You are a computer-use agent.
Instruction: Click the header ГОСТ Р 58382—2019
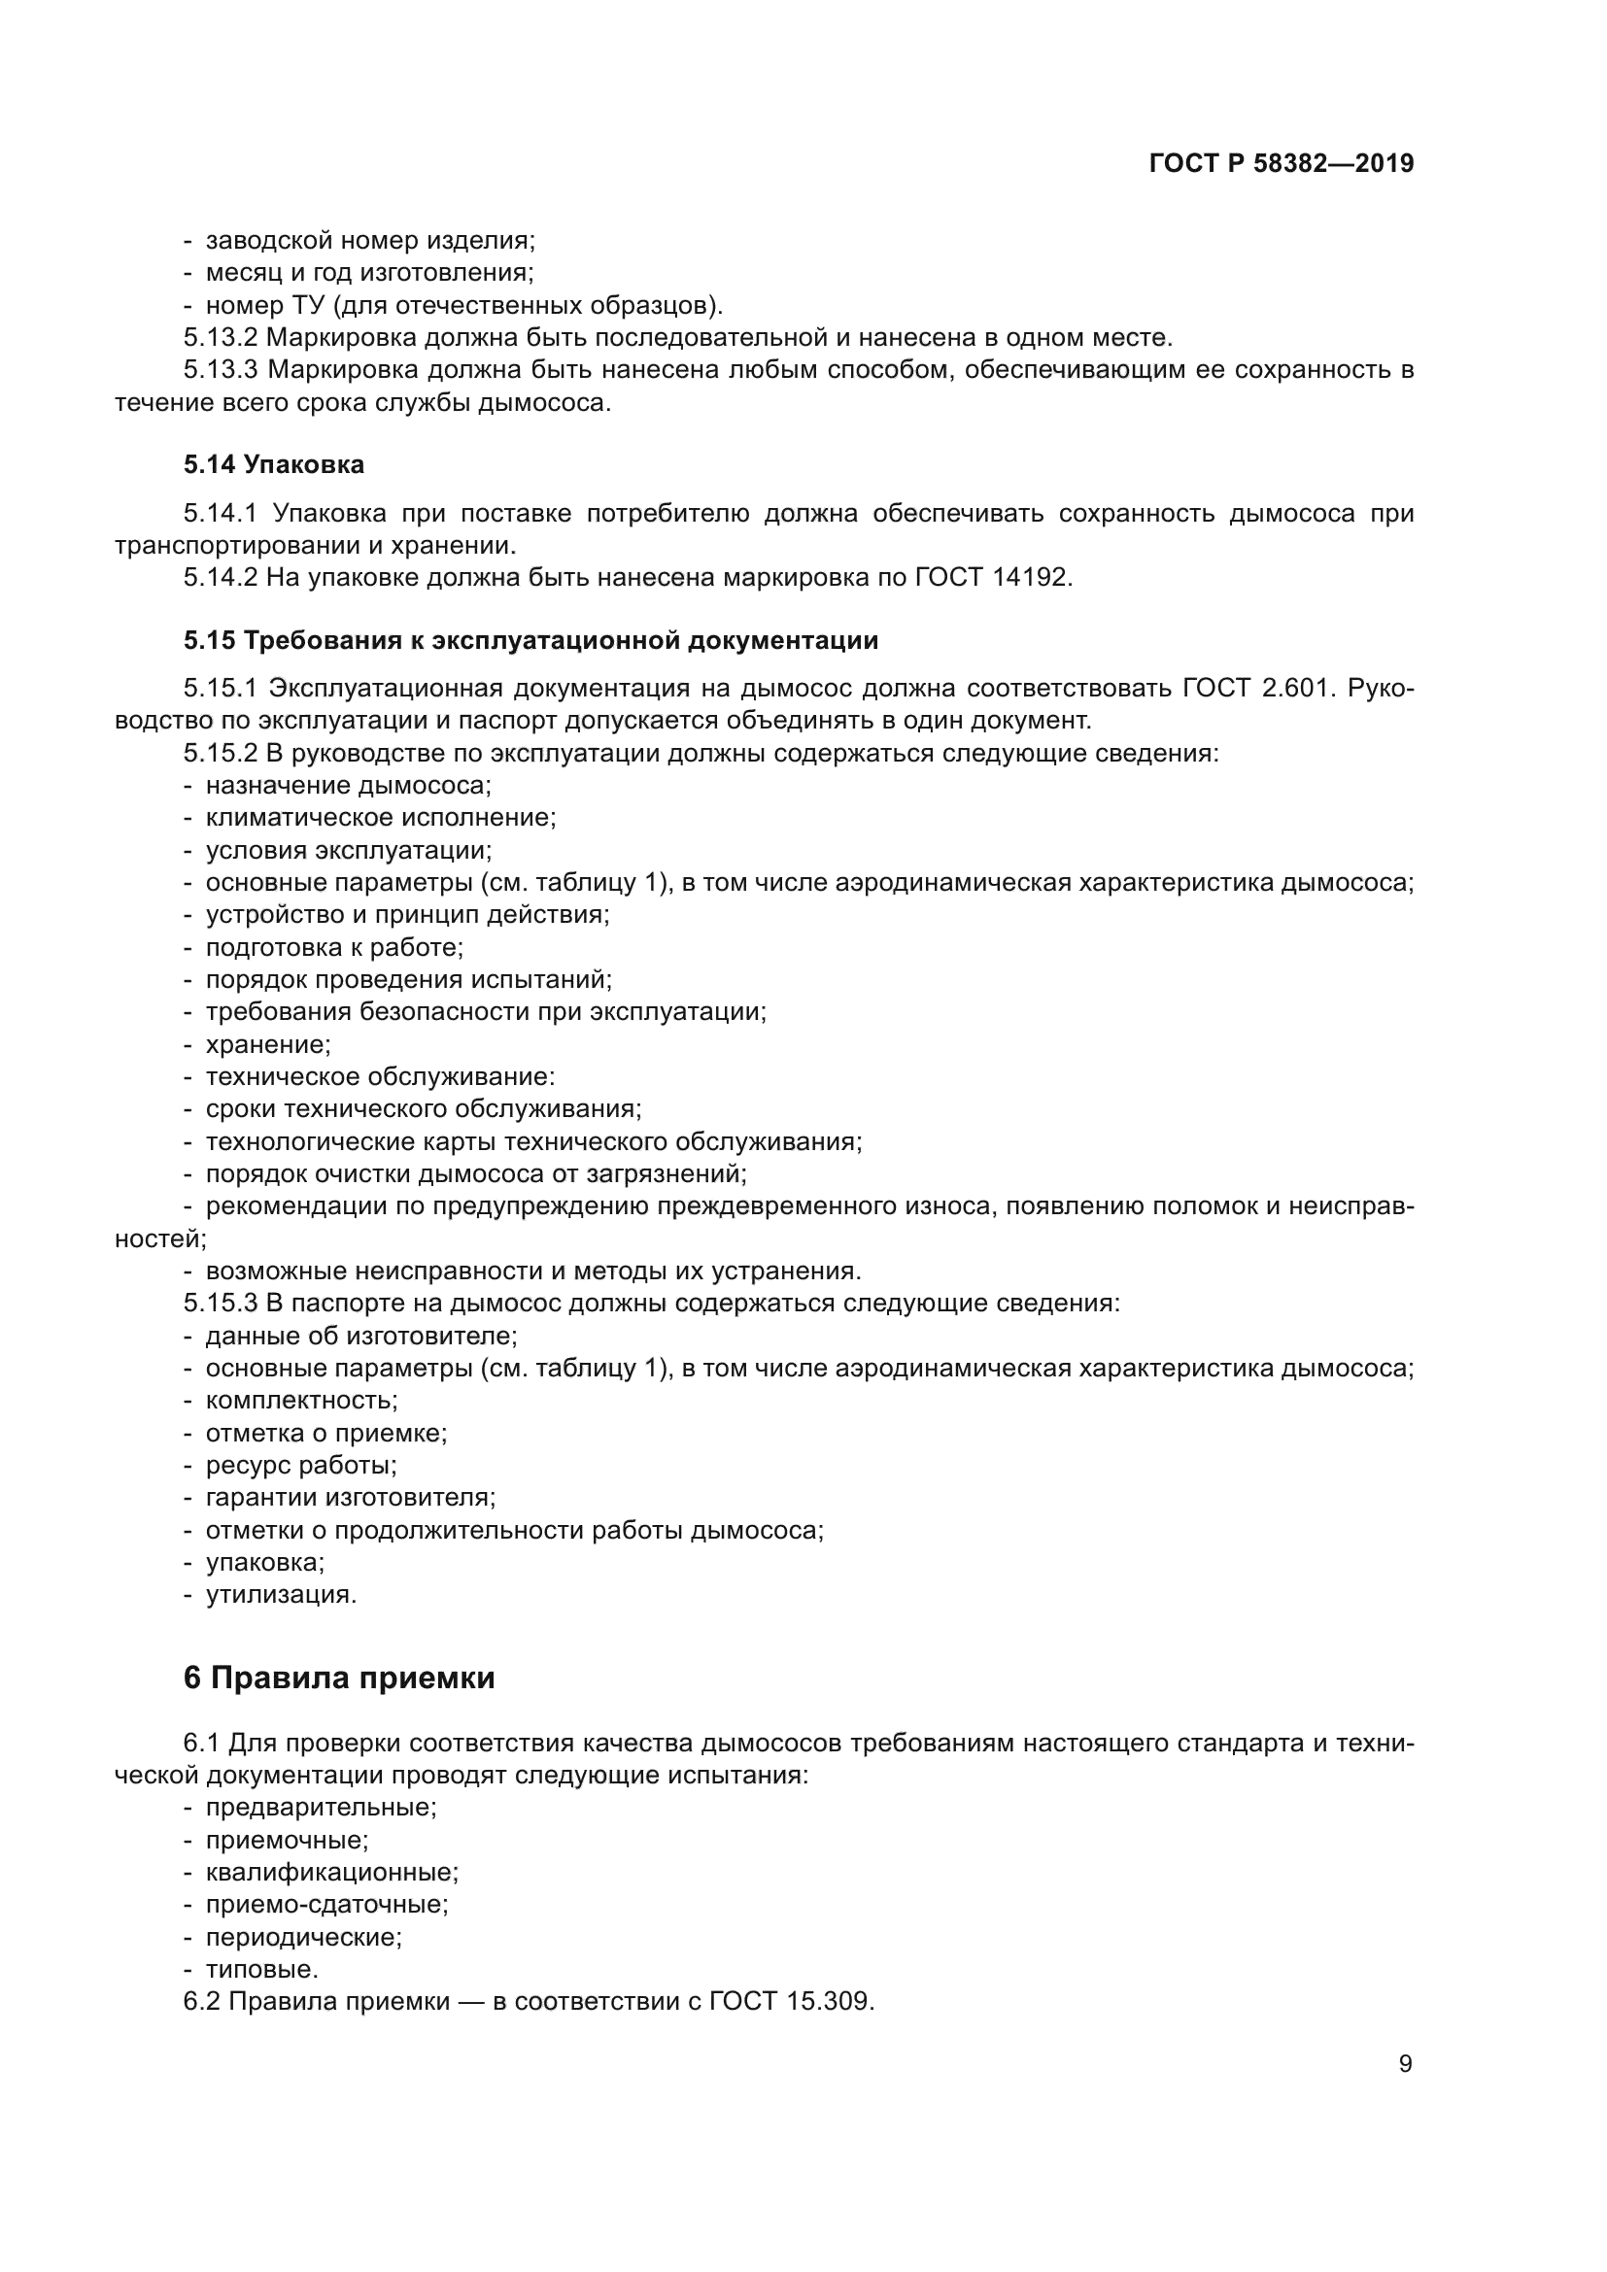tap(1281, 164)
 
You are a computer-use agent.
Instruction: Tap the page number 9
tap(1405, 2063)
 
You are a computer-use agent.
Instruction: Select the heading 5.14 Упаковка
tap(273, 464)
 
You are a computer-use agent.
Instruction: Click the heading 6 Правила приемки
tap(338, 1678)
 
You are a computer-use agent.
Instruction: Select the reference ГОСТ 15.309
tap(792, 2000)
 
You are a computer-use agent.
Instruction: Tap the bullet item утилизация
tap(280, 1594)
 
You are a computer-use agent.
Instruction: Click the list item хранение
tap(267, 1044)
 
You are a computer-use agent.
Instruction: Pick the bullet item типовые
tap(261, 1968)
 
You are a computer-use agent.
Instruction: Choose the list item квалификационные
tap(331, 1871)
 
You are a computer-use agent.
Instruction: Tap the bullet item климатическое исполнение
tap(380, 817)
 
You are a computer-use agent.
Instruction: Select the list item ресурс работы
tap(301, 1465)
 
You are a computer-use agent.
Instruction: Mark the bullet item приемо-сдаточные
tap(326, 1904)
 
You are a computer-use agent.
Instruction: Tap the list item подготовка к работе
tap(333, 947)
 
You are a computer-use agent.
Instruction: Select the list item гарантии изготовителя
tap(351, 1497)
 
